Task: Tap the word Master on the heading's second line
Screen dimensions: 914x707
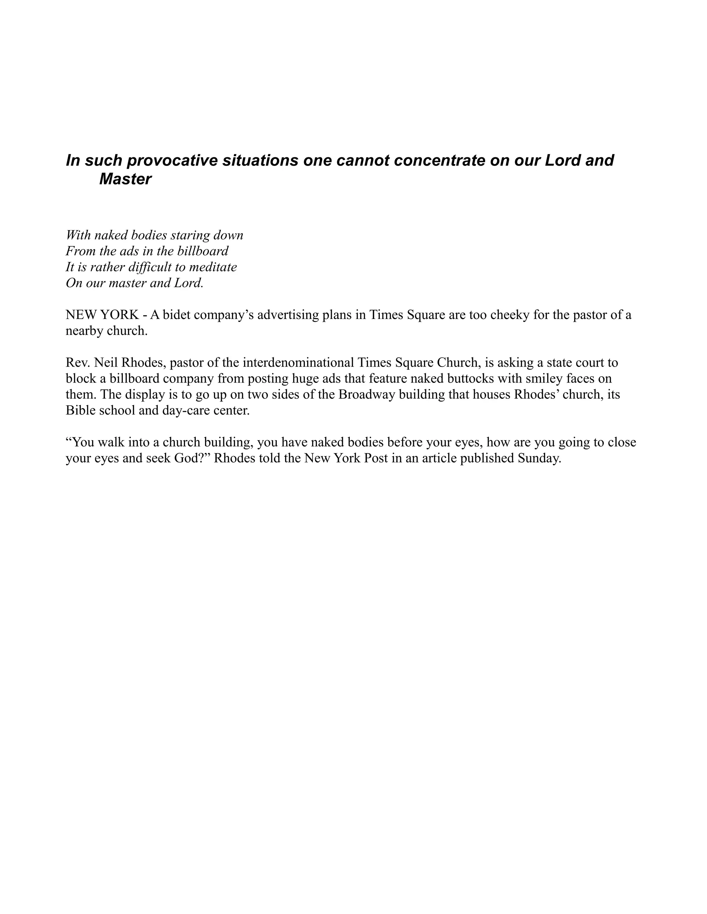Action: point(125,179)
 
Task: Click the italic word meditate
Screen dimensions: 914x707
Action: point(214,267)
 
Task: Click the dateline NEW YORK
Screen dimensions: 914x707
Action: point(102,315)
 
